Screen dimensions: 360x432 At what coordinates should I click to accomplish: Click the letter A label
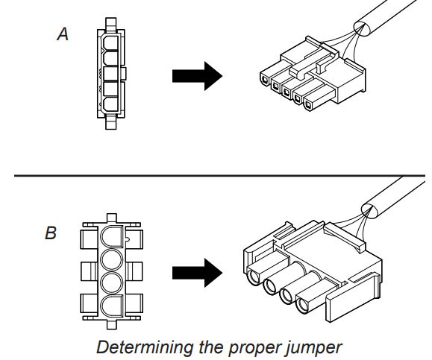(x=63, y=34)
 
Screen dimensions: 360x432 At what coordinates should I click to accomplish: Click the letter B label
(x=50, y=233)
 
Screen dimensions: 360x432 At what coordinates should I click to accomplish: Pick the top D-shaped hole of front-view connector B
(x=111, y=238)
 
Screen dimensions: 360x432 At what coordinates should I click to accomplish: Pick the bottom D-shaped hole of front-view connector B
(x=111, y=307)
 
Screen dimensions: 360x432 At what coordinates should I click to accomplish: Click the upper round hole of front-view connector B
(x=111, y=261)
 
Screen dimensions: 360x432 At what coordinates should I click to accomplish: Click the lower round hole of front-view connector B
(x=111, y=284)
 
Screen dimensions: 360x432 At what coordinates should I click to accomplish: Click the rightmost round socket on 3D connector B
(x=304, y=305)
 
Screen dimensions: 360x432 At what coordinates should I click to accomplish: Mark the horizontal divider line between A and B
(x=216, y=176)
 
